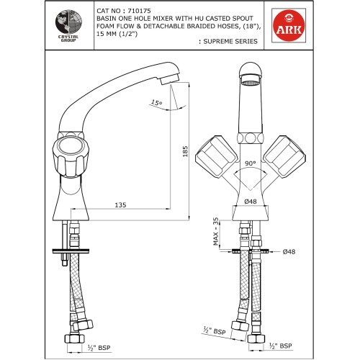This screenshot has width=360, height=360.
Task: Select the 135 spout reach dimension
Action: pyautogui.click(x=120, y=205)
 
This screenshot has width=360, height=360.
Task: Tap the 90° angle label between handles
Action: pyautogui.click(x=248, y=163)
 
